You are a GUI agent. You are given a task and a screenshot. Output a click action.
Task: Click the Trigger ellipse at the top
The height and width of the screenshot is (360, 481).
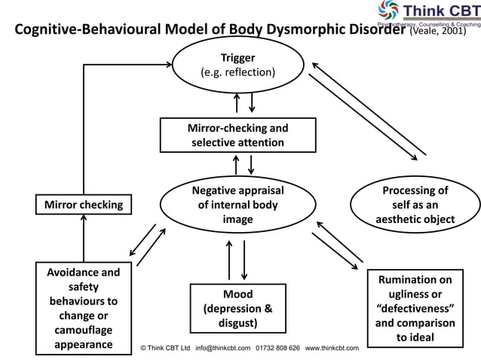click(x=237, y=66)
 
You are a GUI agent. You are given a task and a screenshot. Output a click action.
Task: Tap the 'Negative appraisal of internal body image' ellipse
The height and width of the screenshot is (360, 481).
click(x=237, y=205)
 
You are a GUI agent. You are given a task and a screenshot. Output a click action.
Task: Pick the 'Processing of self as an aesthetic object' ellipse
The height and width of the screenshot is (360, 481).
click(x=415, y=205)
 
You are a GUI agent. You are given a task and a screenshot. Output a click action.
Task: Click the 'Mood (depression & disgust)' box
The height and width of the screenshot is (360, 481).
click(x=237, y=308)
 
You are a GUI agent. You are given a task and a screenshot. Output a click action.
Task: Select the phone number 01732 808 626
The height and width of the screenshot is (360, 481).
click(x=278, y=348)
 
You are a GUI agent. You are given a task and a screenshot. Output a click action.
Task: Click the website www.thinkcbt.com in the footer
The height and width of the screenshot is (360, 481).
click(x=332, y=348)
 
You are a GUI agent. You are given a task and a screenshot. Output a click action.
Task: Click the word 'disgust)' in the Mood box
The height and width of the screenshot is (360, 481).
click(x=237, y=323)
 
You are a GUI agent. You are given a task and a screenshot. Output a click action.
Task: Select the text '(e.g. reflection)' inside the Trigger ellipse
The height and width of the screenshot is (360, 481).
click(x=237, y=72)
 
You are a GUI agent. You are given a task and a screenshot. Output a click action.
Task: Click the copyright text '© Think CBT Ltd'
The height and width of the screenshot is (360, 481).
click(x=166, y=348)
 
